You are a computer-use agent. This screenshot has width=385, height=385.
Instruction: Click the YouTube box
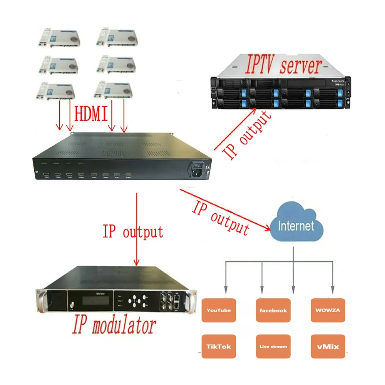[218, 310]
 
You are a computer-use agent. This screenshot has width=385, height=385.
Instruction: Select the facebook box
[273, 310]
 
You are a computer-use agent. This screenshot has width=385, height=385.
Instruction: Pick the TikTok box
[218, 346]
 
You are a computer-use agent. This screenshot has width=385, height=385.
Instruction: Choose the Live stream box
[273, 346]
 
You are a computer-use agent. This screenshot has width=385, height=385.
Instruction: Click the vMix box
[328, 346]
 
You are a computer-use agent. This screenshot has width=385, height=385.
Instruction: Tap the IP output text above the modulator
[133, 232]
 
